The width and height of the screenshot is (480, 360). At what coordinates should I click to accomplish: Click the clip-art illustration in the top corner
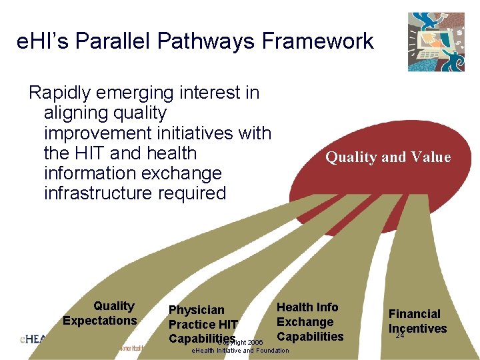pos(436,41)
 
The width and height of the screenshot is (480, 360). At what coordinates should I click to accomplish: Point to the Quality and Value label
pos(387,157)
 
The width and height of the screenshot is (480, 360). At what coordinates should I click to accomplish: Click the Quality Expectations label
pos(100,313)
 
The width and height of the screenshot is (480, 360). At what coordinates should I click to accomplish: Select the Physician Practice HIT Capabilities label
pos(203,324)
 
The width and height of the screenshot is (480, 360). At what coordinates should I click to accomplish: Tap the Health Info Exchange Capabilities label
pos(309,321)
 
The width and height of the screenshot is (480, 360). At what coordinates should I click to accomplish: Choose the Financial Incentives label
pos(417,321)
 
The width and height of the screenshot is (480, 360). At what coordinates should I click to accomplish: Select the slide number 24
pos(400,335)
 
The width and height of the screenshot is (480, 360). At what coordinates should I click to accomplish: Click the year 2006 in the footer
pos(254,342)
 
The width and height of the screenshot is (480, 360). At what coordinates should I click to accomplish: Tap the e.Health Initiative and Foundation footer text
pos(240,351)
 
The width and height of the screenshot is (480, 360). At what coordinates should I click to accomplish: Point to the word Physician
pos(197,310)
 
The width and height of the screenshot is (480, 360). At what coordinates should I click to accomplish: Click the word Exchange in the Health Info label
pos(305,321)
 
